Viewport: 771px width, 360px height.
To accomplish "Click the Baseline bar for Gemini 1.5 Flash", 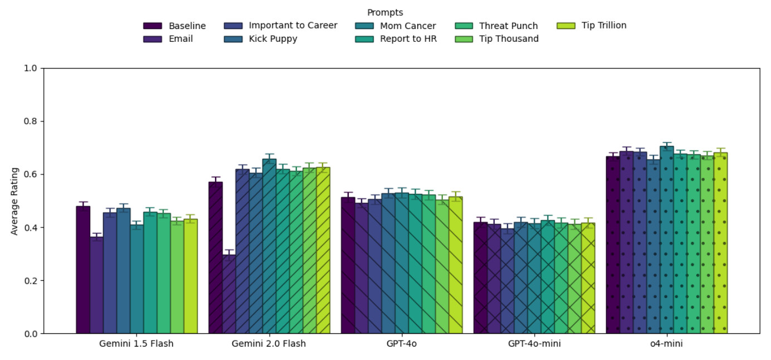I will tap(83, 270).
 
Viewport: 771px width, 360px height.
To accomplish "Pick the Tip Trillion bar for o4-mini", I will tap(720, 243).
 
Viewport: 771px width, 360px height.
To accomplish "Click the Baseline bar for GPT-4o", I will tap(348, 265).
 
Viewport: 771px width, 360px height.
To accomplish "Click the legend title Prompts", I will tap(385, 12).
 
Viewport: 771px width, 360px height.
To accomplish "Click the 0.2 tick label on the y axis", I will tap(30, 281).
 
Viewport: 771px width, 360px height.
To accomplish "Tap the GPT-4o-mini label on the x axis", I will tap(534, 344).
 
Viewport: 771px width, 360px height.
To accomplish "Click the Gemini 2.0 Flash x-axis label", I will tap(269, 344).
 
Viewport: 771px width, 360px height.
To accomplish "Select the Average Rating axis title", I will tap(15, 201).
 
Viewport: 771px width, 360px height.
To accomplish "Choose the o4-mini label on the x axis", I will tap(666, 344).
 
